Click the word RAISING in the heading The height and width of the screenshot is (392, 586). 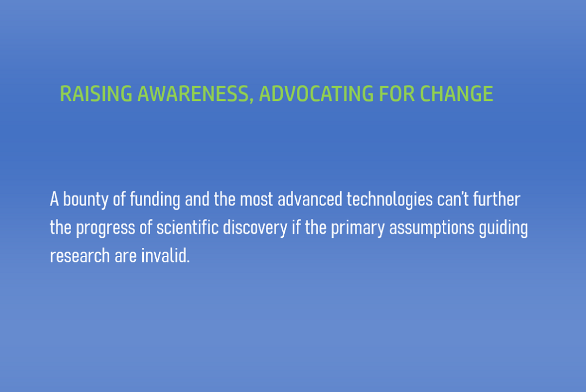click(x=96, y=93)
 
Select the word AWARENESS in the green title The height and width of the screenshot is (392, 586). click(x=192, y=93)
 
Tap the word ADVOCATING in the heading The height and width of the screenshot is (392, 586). click(x=316, y=93)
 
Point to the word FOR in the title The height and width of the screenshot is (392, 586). click(x=397, y=93)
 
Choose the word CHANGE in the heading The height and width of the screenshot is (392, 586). click(x=456, y=93)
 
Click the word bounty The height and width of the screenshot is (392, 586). click(x=86, y=200)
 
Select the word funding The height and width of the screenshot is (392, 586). click(x=155, y=200)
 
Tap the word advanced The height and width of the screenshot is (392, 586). click(x=310, y=199)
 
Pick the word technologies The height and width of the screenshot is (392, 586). click(x=390, y=200)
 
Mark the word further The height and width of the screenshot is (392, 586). click(x=496, y=199)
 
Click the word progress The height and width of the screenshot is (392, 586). click(x=105, y=228)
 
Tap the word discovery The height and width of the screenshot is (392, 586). click(x=255, y=228)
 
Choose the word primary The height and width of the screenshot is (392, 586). click(x=358, y=228)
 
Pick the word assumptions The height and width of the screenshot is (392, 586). click(x=432, y=228)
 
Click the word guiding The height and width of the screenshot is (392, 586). click(x=504, y=228)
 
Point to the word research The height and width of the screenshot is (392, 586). click(x=80, y=256)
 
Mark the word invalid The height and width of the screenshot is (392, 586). click(x=165, y=256)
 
